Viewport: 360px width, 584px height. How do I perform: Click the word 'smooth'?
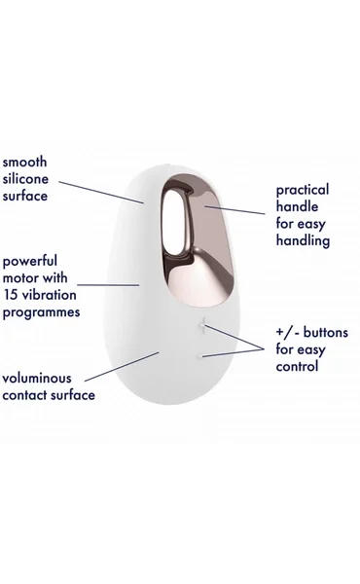(25, 161)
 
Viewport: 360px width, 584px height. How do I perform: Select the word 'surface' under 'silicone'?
(26, 196)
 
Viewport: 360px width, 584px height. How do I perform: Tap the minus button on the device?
(201, 356)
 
